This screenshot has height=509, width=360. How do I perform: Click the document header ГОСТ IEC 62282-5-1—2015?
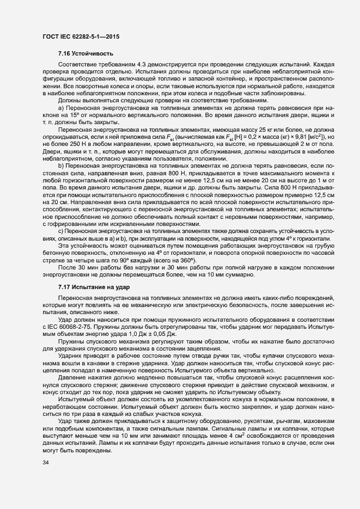click(81, 37)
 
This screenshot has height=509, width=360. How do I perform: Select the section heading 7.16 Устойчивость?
click(86, 53)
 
